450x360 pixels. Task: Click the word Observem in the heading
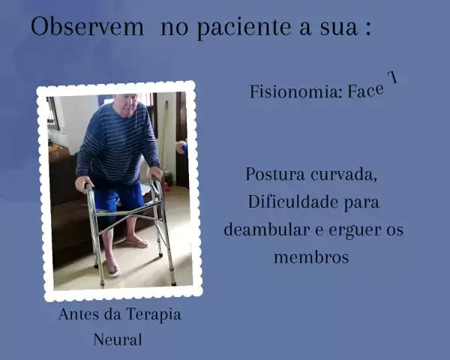87,27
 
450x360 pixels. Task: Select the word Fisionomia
295,91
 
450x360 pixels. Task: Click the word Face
366,91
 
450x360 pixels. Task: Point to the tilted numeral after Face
392,77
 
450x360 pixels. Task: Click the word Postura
275,174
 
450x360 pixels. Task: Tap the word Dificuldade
292,202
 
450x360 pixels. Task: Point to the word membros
311,257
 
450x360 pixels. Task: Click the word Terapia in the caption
153,315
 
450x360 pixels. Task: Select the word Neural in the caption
118,340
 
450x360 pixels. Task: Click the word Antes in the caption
78,314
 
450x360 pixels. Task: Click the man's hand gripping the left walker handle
83,184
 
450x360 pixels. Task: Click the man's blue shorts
118,197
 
